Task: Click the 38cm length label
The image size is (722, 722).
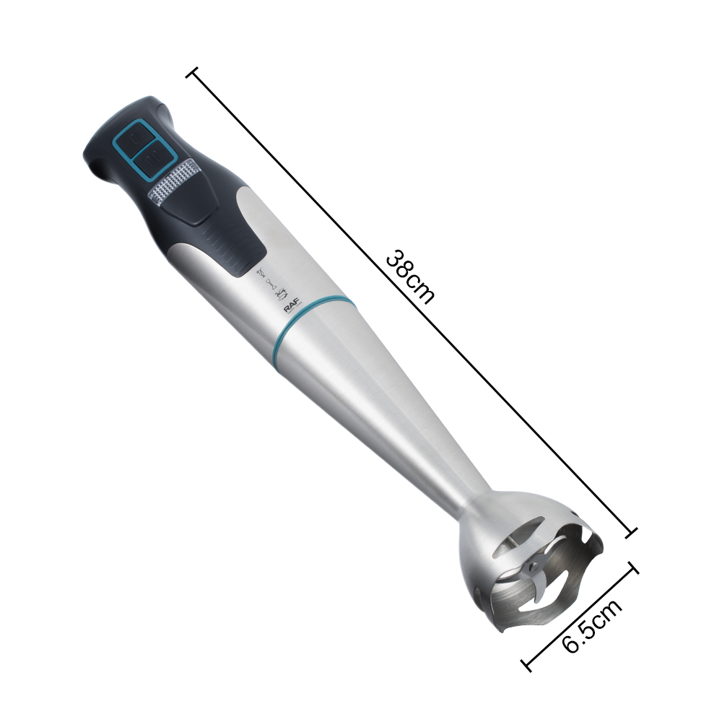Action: pyautogui.click(x=410, y=277)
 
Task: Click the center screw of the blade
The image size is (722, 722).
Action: pyautogui.click(x=534, y=565)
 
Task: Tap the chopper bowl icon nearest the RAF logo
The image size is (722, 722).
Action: pyautogui.click(x=282, y=292)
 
